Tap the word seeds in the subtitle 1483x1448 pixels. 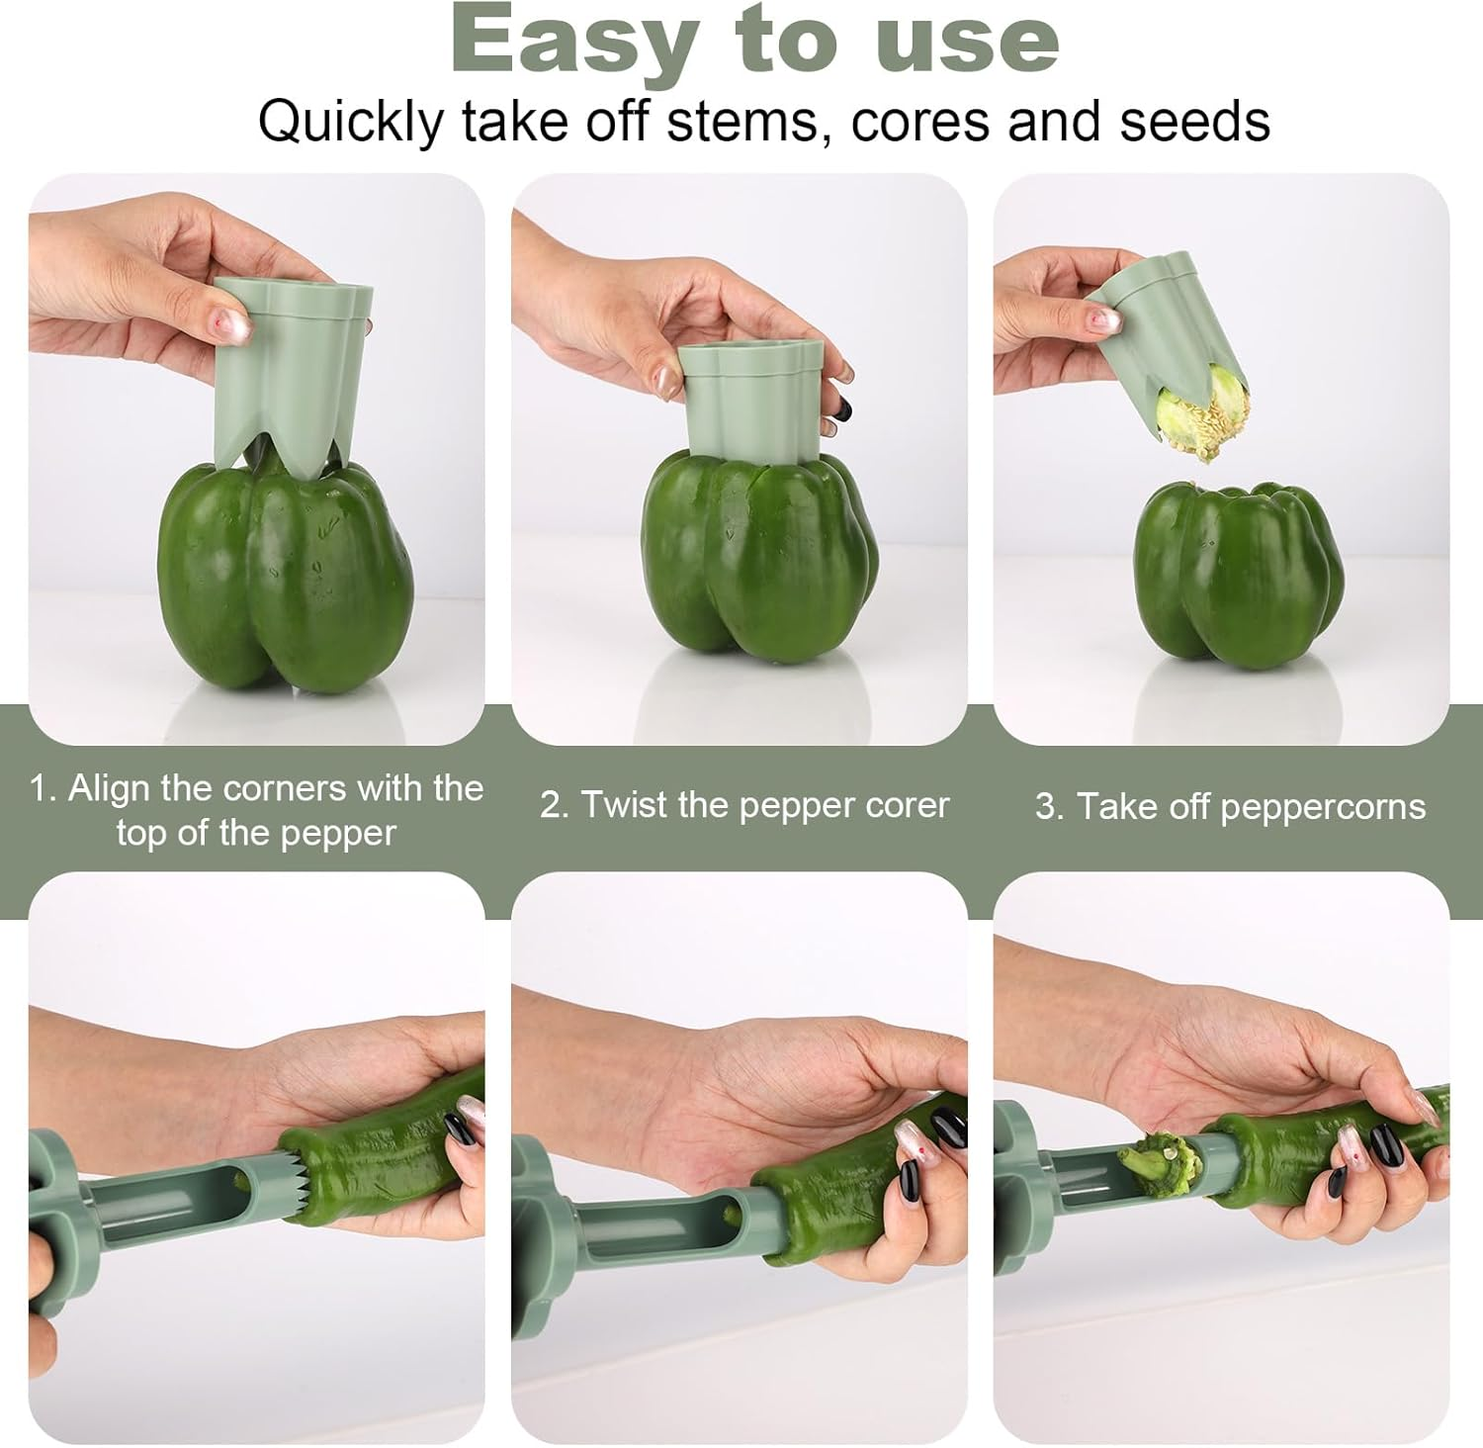click(1194, 123)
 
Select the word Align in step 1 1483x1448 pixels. click(109, 788)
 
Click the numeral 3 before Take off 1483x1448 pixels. click(1046, 807)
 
